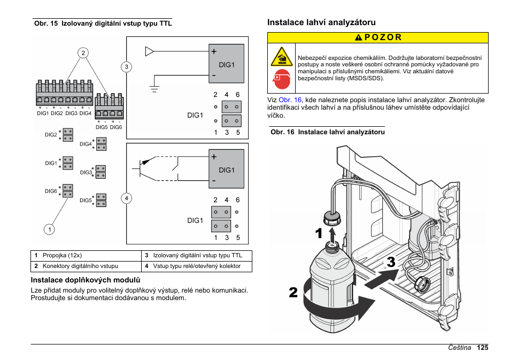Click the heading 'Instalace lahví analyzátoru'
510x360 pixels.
(x=321, y=22)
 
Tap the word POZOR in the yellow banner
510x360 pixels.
(x=382, y=37)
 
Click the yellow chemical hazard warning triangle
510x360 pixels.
(x=281, y=56)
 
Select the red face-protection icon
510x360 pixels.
(x=281, y=80)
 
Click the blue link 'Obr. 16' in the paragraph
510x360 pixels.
(x=290, y=100)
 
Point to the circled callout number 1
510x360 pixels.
(x=49, y=229)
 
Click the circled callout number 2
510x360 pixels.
(x=83, y=52)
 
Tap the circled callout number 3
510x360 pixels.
(x=126, y=67)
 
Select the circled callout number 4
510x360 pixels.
(x=127, y=198)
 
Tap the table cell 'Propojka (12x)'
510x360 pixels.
(x=62, y=256)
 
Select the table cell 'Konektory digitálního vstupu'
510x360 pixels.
(x=80, y=266)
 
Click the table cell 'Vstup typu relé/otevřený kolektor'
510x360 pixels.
(x=197, y=266)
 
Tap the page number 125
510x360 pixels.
(x=483, y=348)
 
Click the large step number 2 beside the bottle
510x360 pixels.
(x=293, y=292)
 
